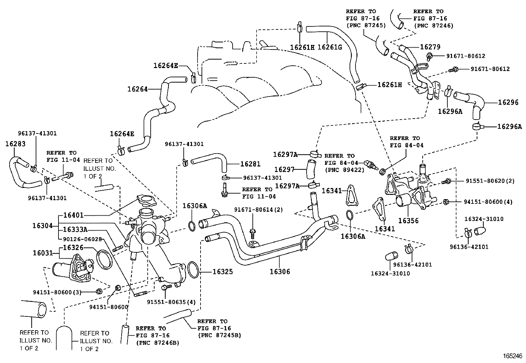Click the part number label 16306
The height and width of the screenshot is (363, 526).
point(280,272)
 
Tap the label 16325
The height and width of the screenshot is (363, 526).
point(223,272)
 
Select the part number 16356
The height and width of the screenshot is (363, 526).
point(408,221)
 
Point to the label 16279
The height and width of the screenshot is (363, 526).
point(430,47)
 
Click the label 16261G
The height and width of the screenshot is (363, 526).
point(330,47)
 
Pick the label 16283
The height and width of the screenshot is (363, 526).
point(15,144)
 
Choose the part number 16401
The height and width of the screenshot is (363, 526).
point(73,215)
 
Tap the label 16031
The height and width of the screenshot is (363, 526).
point(43,253)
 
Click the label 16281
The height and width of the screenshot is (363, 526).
point(250,164)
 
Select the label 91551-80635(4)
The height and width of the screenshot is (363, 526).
point(171,302)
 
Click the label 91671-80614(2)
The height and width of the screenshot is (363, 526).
point(258,210)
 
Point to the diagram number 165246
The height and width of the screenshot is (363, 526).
point(512,356)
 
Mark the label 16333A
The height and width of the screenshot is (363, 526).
point(75,230)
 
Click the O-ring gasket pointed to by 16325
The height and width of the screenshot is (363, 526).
point(194,270)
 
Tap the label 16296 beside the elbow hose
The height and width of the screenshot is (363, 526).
point(508,102)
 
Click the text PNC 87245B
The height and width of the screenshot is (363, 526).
point(219,335)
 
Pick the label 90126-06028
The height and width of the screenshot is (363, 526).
point(82,239)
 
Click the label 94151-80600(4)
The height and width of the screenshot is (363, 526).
point(488,202)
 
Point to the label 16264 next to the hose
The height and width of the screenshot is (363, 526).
point(137,89)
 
